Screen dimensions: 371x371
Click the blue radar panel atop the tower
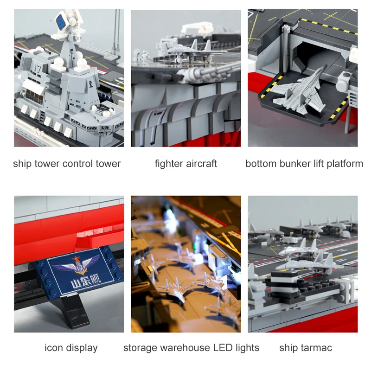pos(61,22)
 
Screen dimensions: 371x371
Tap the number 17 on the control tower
pos(38,69)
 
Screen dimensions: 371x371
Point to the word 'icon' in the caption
pos(53,348)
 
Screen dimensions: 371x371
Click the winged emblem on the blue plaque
pos(77,264)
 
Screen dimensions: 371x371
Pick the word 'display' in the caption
pos(82,348)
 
